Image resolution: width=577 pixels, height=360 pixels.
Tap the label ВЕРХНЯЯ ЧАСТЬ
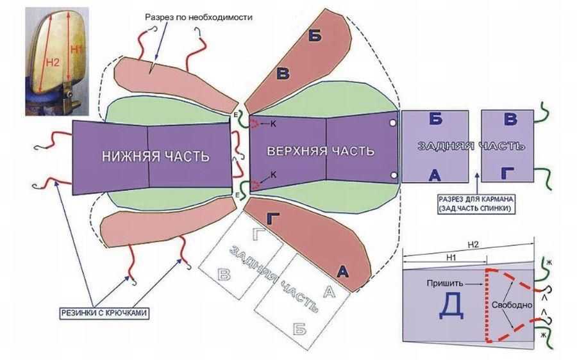(x=321, y=152)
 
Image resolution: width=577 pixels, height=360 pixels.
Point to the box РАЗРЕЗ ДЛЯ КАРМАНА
(x=475, y=204)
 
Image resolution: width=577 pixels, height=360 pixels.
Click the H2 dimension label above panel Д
(x=473, y=244)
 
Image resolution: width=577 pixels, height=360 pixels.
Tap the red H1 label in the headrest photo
(x=75, y=49)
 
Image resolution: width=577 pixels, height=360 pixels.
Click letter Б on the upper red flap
(x=314, y=36)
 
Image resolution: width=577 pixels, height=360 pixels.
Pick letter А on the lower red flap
(x=343, y=272)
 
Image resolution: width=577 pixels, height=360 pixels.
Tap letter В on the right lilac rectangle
(x=510, y=119)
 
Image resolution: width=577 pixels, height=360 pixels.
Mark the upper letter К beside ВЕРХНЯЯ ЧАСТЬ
(x=272, y=123)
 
